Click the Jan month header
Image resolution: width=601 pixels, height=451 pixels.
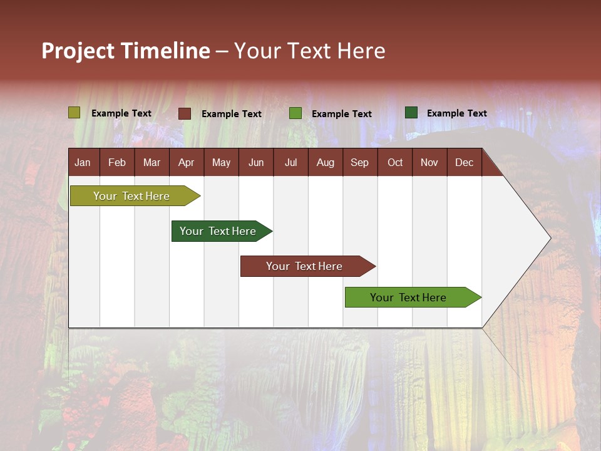[x=83, y=162]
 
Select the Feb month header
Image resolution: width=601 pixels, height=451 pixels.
[x=117, y=162]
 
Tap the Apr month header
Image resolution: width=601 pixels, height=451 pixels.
[x=187, y=162]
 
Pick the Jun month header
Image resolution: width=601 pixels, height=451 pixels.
[x=256, y=162]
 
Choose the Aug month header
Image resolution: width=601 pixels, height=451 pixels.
[x=326, y=162]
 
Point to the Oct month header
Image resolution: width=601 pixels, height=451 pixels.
[x=395, y=162]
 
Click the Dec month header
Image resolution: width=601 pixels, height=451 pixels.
[x=464, y=162]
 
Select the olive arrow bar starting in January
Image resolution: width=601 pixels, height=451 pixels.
[x=131, y=196]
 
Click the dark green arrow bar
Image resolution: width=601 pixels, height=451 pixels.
[x=218, y=231]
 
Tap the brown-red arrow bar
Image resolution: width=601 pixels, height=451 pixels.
[x=304, y=266]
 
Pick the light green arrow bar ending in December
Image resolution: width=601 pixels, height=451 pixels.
[x=408, y=298]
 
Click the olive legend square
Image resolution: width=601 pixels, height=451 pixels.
[x=74, y=113]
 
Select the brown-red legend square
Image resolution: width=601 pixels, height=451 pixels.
[x=184, y=113]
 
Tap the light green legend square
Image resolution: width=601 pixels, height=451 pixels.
[x=295, y=113]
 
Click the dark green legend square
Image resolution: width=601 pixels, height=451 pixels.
[x=411, y=113]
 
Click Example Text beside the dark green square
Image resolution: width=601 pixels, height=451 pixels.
[x=457, y=113]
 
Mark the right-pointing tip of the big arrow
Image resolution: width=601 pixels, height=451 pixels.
[x=549, y=237]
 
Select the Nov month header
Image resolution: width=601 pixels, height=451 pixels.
[x=429, y=162]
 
